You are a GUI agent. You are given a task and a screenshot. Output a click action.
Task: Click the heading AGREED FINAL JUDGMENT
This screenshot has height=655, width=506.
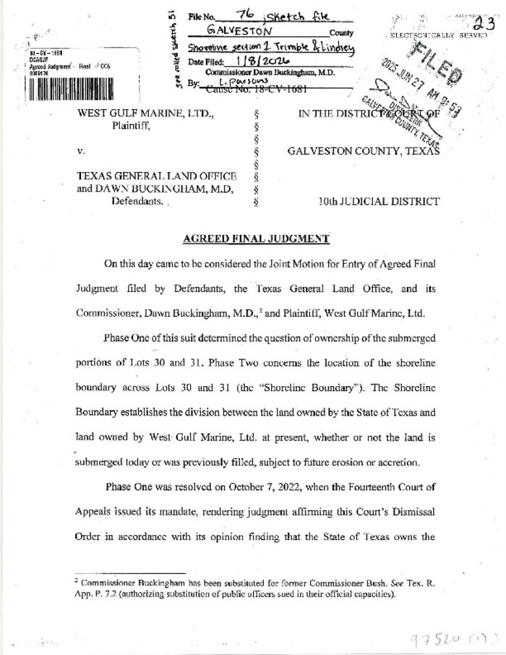tap(256, 239)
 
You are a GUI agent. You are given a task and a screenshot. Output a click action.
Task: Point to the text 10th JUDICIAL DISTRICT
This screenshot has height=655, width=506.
tap(378, 202)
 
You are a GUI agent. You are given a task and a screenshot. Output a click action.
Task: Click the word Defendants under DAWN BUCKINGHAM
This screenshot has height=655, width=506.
tap(137, 202)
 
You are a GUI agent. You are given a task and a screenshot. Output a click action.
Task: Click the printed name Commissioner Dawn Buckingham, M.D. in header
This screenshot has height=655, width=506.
tap(270, 72)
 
